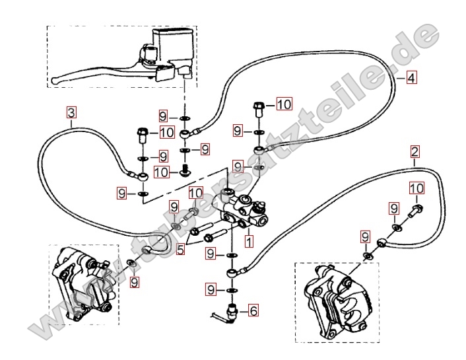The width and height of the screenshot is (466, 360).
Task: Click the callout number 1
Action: [248, 242]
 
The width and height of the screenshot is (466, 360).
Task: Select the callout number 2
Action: [415, 152]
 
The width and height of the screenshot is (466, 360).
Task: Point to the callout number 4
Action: [411, 78]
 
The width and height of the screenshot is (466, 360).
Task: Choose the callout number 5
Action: [180, 250]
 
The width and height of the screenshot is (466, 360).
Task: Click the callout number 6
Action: [253, 308]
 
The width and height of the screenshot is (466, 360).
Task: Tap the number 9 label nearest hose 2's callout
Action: [393, 208]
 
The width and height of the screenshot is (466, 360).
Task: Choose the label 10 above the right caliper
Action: [415, 189]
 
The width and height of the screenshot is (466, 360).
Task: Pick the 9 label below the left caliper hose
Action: [135, 282]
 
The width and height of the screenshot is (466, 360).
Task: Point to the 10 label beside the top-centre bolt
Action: [283, 104]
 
